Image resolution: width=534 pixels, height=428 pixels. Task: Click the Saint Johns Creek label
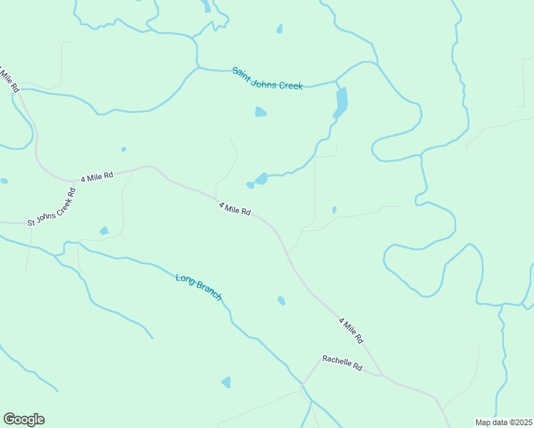pos(268,78)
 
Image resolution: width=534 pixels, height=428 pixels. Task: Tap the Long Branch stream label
pos(199,286)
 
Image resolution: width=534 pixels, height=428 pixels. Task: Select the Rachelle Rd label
pos(342,363)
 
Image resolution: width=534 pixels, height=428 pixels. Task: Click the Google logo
pos(24,419)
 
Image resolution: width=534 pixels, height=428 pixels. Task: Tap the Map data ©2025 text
pos(503,422)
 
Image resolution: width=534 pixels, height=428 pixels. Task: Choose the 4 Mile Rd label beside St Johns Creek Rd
pos(97,176)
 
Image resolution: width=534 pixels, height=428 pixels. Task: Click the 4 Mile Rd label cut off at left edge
pos(9,81)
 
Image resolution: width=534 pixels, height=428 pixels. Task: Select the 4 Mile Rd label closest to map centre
pos(234,208)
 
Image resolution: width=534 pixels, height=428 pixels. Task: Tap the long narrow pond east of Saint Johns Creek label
pos(341,103)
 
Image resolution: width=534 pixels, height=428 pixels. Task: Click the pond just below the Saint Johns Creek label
pos(261,112)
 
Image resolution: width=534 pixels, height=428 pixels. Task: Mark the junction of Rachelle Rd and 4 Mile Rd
pos(382,374)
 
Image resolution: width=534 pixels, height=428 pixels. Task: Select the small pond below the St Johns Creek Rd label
pos(104,231)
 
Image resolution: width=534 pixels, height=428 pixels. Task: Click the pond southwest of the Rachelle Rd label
pos(226,382)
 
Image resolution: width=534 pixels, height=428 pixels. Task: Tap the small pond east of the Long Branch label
pos(281,300)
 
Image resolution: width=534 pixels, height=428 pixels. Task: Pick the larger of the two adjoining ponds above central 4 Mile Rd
pos(262,178)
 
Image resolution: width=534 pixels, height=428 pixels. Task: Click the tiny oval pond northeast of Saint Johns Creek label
pos(279,29)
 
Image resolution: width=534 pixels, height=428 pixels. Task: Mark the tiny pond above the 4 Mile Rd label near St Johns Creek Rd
pos(124,149)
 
